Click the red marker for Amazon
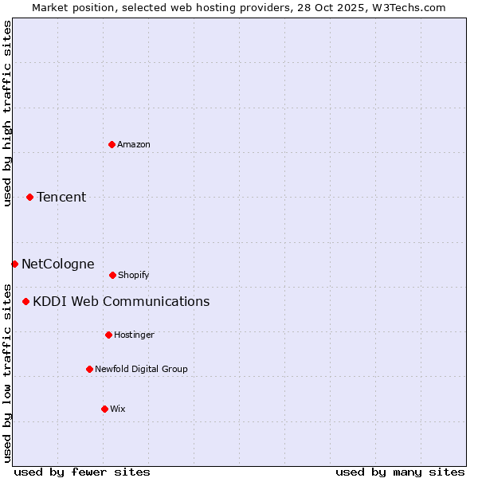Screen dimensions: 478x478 112,144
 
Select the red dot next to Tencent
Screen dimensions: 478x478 29,197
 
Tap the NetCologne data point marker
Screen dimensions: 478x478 14,264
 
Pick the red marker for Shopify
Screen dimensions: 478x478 112,275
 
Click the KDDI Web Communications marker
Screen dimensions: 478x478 25,301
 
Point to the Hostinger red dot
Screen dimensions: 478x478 108,335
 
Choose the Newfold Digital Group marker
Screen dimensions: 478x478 89,369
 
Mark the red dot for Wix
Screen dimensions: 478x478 104,409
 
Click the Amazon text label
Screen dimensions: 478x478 134,144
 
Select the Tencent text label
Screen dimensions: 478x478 61,197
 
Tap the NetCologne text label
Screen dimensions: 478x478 57,264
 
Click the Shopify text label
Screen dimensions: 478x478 134,275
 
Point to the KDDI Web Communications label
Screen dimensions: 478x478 121,301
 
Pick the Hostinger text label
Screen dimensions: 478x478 134,335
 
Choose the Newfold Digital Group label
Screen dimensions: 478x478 141,369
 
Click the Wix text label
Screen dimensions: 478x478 118,409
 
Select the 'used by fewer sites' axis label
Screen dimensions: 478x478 82,472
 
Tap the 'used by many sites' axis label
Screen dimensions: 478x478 400,472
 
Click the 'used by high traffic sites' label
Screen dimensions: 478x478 7,113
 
